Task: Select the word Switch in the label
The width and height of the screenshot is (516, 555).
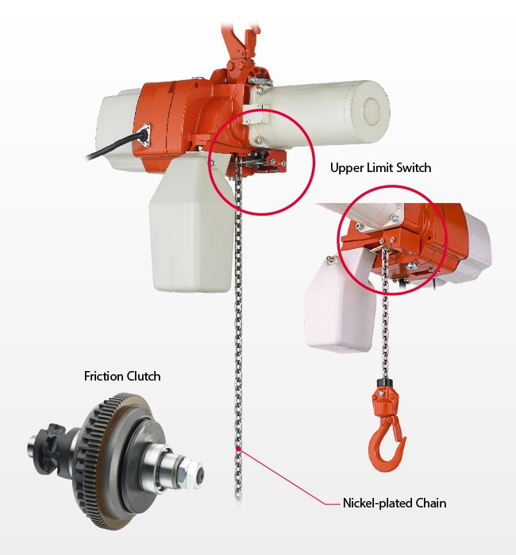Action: coord(413,169)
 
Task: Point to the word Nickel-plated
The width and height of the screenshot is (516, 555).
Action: coord(377,503)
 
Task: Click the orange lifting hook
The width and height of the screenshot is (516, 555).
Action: coord(387,444)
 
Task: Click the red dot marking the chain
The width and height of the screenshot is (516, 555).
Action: coord(237,450)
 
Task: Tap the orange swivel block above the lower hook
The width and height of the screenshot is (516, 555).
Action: coord(386,400)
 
